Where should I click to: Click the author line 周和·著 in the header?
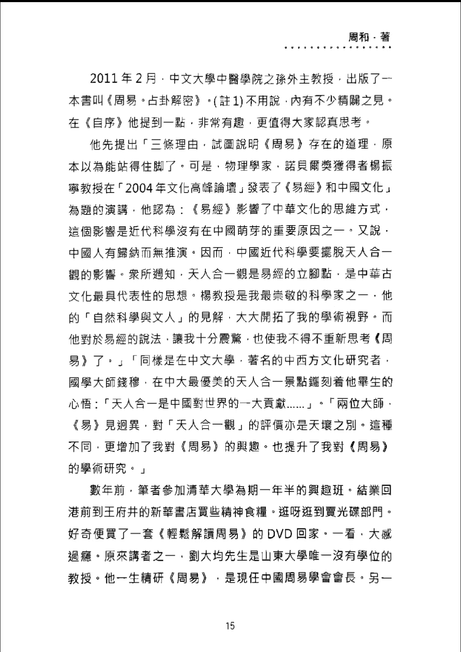(369, 37)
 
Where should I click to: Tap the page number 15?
(230, 626)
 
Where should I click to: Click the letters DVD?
(280, 534)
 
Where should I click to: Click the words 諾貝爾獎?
(308, 166)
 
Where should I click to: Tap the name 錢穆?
(128, 382)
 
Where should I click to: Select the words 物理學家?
(248, 166)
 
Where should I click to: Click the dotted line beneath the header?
(338, 47)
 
